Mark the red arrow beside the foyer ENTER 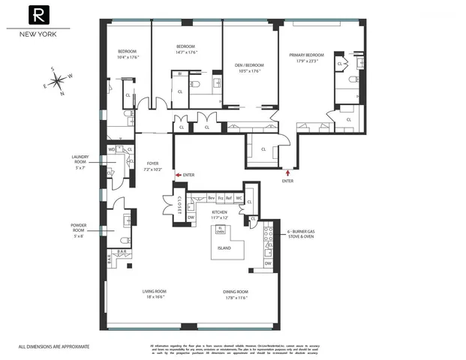pyautogui.click(x=178, y=174)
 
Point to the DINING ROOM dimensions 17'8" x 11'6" pyautogui.click(x=235, y=297)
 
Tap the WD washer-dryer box pyautogui.click(x=112, y=150)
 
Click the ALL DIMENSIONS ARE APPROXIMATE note pyautogui.click(x=53, y=346)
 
